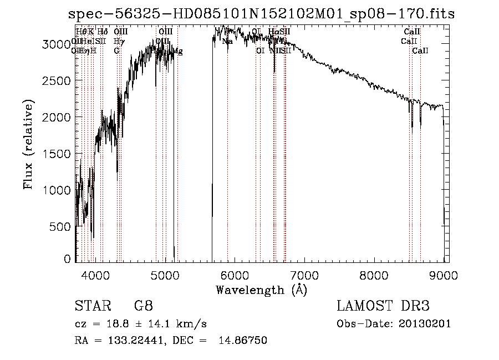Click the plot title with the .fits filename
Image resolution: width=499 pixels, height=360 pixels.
point(261,13)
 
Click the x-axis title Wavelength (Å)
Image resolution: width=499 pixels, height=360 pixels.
point(261,289)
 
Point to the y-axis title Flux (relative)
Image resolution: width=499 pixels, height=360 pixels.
point(28,144)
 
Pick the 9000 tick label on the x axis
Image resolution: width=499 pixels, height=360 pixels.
point(444,274)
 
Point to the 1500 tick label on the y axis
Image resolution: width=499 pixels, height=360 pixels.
point(57,153)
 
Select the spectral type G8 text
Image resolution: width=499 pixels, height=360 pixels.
point(143,306)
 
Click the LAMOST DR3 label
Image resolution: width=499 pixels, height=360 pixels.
point(383,306)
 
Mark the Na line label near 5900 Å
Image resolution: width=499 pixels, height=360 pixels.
point(227,41)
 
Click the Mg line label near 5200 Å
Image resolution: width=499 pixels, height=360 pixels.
point(178,51)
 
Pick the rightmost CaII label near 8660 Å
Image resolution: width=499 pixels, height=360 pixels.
point(421,50)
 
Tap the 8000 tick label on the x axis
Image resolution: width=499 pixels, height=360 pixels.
point(374,274)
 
